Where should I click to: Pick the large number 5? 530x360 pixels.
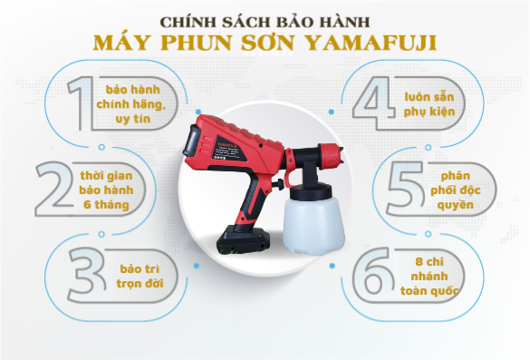pos(404,188)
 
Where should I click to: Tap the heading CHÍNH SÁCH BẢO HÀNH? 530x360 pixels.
pos(264,19)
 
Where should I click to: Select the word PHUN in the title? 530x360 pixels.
pos(194,43)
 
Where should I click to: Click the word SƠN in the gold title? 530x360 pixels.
pos(264,43)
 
